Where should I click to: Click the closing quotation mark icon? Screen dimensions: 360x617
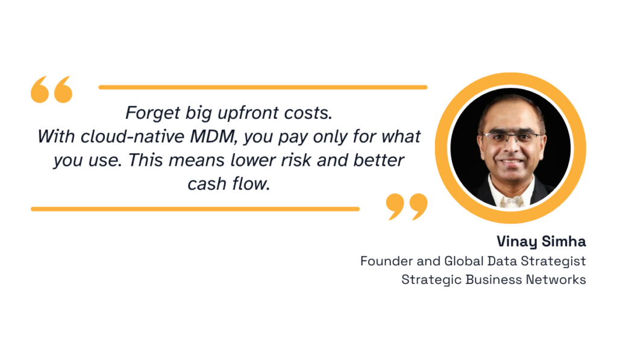pos(407,206)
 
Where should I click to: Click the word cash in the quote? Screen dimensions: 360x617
pos(207,184)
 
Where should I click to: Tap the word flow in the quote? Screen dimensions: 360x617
pos(249,184)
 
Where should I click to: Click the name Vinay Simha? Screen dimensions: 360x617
pos(541,242)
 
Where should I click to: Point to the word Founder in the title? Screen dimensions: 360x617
pos(386,261)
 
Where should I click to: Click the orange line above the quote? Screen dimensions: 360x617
pos(263,87)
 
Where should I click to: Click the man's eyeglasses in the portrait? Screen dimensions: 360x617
pos(512,137)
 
